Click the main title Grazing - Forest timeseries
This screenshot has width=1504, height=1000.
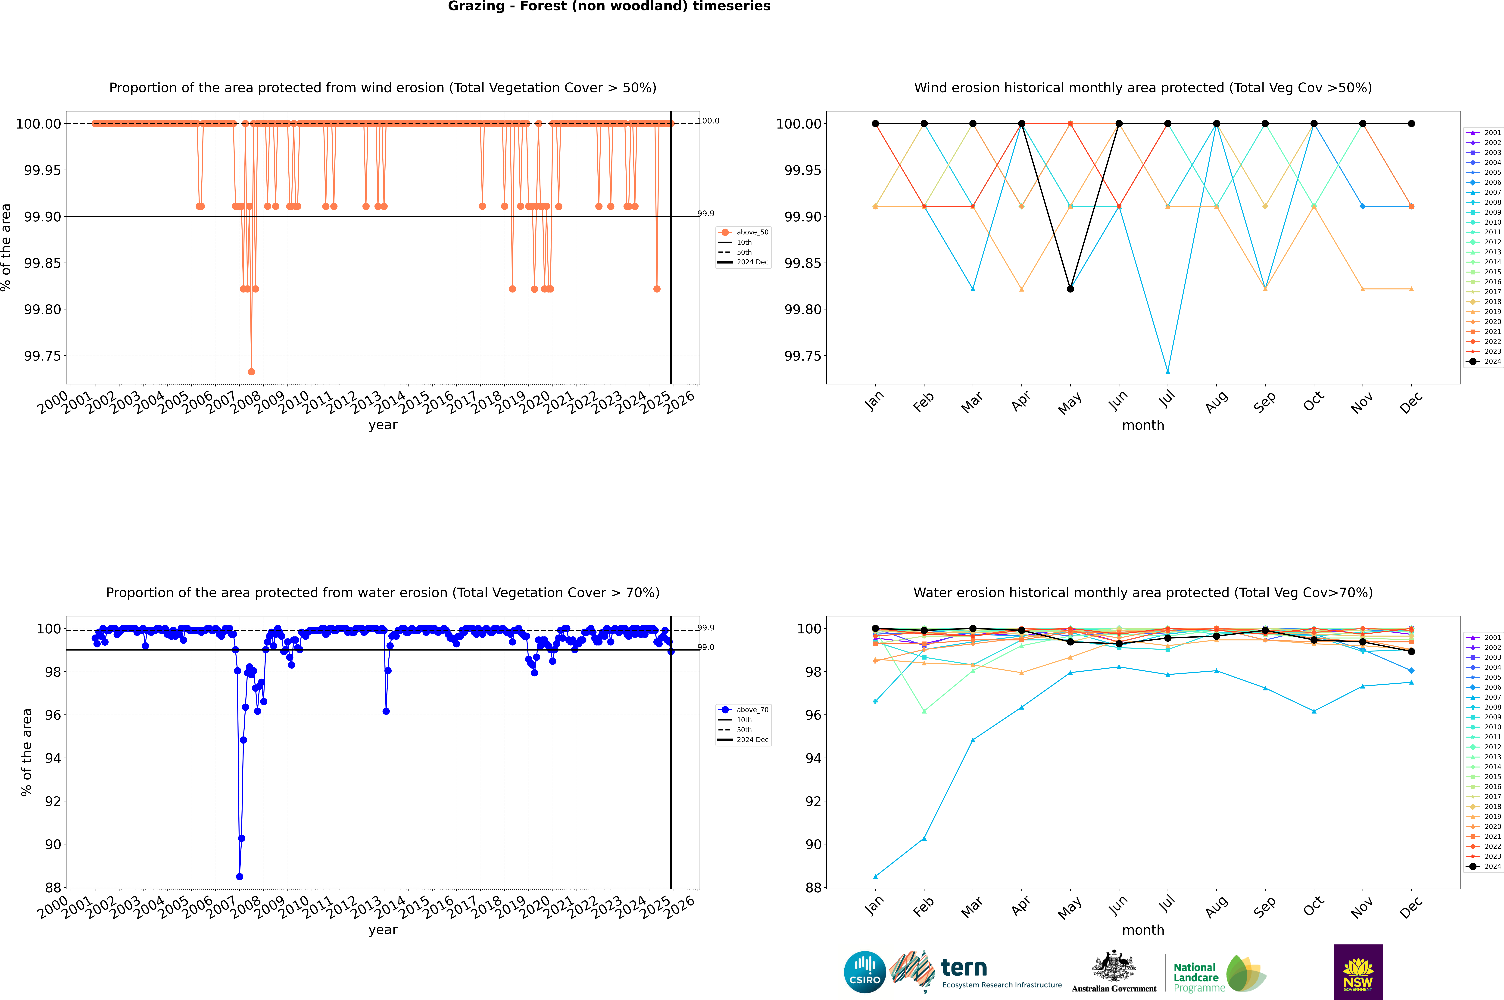tap(609, 6)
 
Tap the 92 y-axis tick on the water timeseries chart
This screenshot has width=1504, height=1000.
tap(53, 802)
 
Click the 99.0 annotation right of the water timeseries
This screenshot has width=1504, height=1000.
tap(706, 647)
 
